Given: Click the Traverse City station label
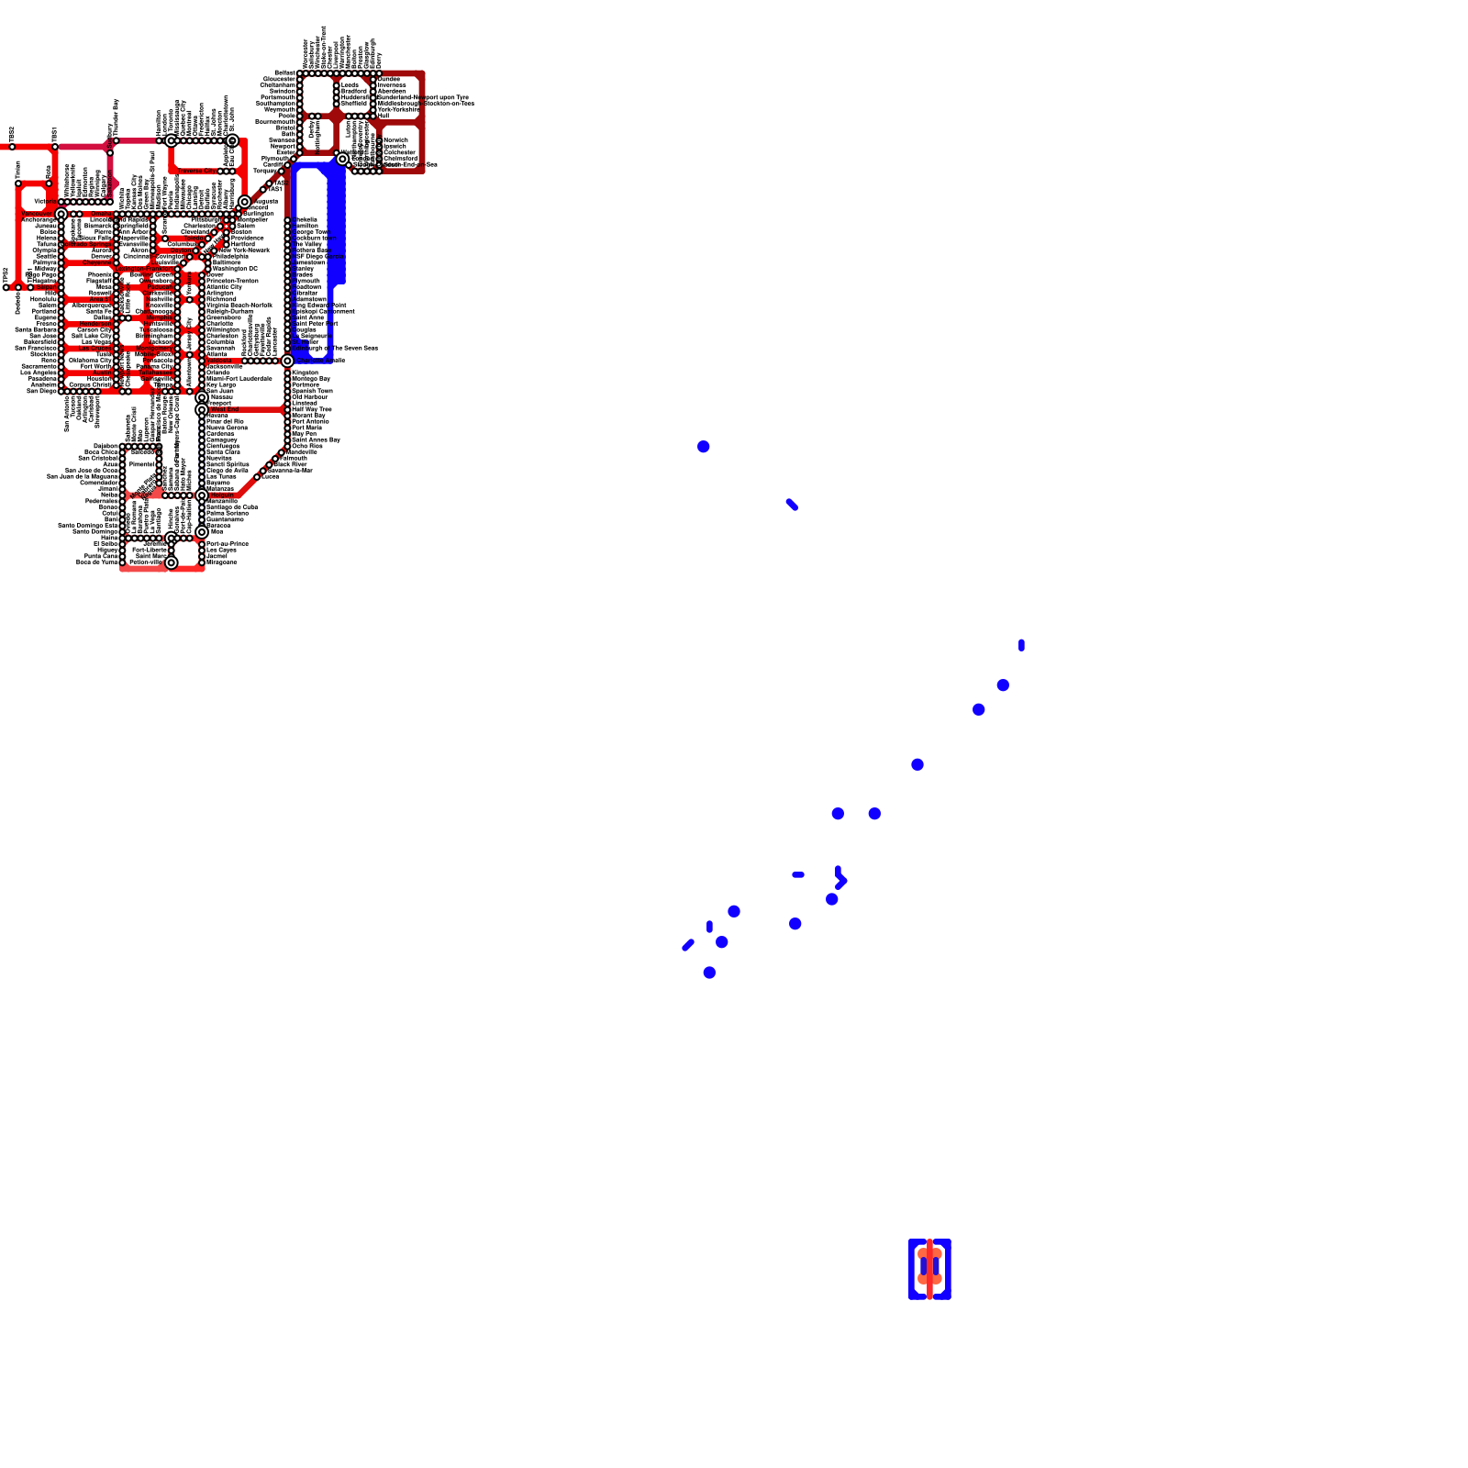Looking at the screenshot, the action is coord(196,171).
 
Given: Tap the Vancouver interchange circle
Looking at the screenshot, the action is coord(61,214).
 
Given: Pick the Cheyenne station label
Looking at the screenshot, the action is coord(97,262).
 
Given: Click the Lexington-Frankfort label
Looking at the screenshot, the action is coord(145,269).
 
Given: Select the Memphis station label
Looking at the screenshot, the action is coord(159,317).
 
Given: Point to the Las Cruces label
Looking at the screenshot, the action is coord(95,349).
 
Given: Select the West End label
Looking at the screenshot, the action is coord(223,409).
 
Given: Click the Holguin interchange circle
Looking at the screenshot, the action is coord(202,495).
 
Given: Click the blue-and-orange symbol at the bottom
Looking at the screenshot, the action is coord(929,1269).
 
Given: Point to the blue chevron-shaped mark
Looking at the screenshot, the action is coord(840,879).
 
